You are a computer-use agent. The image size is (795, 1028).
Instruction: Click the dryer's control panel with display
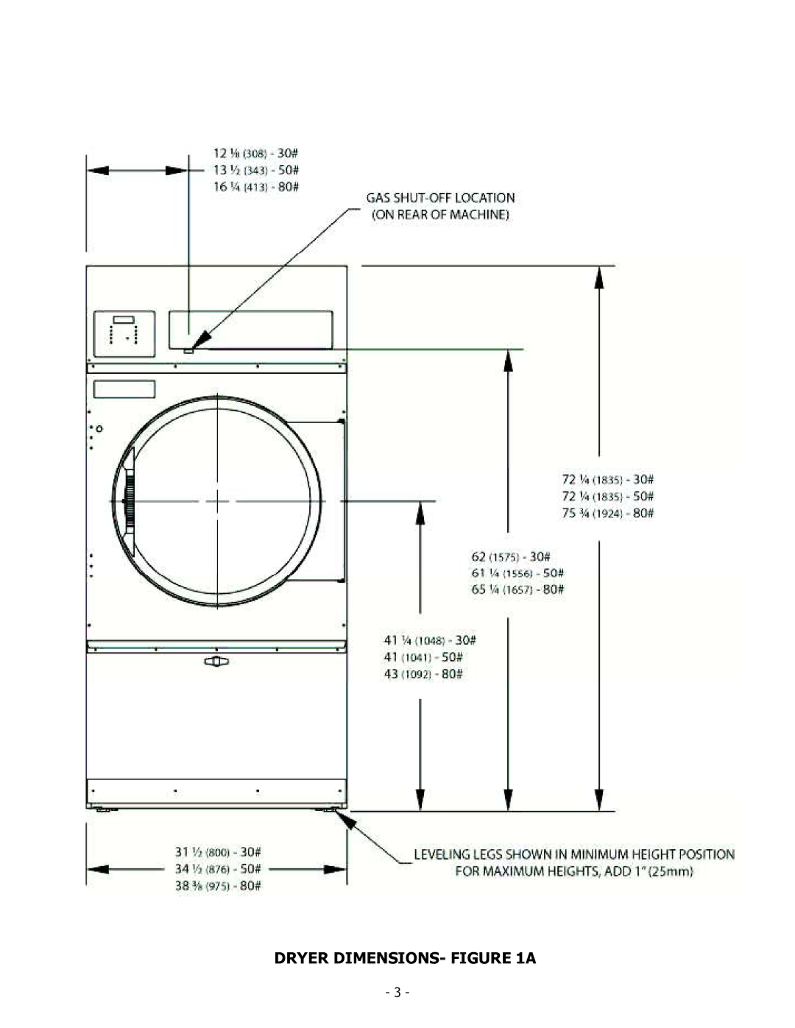(124, 333)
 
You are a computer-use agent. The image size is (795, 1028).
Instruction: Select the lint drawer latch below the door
(216, 661)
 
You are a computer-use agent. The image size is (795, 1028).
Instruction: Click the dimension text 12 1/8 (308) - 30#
(255, 153)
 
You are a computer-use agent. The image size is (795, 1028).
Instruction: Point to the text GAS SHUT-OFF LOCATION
(440, 198)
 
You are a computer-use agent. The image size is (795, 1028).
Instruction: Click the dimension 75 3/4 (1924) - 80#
(607, 514)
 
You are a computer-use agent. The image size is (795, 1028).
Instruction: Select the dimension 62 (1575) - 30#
(511, 556)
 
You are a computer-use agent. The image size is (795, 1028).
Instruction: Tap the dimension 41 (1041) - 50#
(423, 657)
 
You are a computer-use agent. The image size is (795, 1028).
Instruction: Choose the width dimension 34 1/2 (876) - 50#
(218, 868)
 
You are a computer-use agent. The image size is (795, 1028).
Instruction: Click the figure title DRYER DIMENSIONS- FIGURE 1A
(405, 958)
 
